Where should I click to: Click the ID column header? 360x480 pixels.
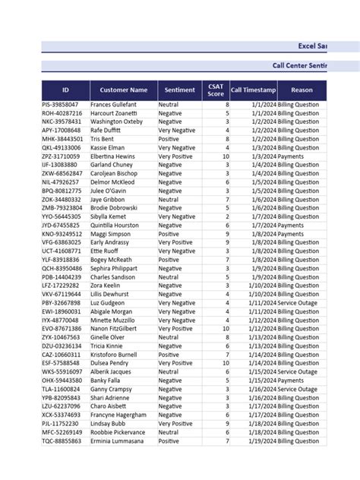pos(65,90)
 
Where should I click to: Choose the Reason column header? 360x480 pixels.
pos(302,90)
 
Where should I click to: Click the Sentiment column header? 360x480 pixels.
pos(178,90)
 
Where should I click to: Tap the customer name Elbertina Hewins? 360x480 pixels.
pos(113,156)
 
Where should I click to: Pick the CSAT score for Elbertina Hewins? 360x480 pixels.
pos(225,156)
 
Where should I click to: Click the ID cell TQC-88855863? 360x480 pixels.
pos(62,441)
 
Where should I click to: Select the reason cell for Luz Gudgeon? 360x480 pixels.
pos(298,302)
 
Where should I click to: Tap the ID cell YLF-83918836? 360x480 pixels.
pos(62,260)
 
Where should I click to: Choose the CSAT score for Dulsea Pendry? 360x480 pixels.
pos(225,363)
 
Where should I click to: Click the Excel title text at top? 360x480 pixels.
pos(312,46)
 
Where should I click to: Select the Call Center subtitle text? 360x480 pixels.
pos(300,66)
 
